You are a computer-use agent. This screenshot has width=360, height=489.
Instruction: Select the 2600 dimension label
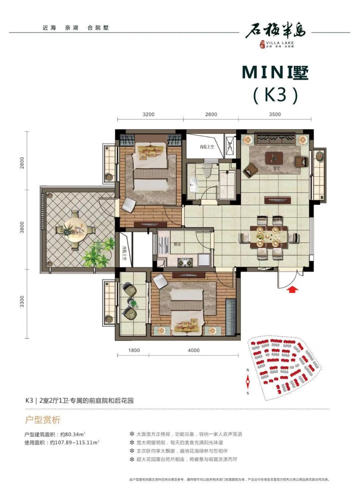(x=211, y=114)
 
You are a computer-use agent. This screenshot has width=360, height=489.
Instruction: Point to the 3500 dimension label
(x=274, y=114)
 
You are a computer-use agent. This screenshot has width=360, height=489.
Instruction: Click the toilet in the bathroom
(x=207, y=171)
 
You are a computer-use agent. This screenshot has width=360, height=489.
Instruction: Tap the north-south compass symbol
(x=248, y=381)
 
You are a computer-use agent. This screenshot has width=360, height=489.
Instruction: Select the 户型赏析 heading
(x=42, y=420)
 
